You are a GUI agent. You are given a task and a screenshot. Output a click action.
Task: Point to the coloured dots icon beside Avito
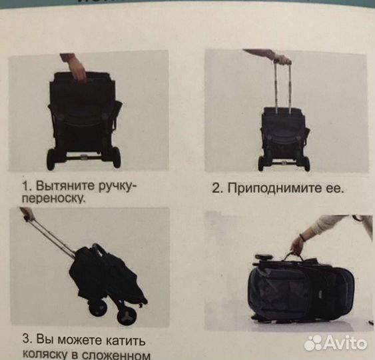tap(312, 343)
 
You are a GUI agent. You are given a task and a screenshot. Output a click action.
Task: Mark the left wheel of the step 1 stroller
tap(51, 158)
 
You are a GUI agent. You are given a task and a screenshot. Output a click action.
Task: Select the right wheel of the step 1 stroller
tap(116, 157)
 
